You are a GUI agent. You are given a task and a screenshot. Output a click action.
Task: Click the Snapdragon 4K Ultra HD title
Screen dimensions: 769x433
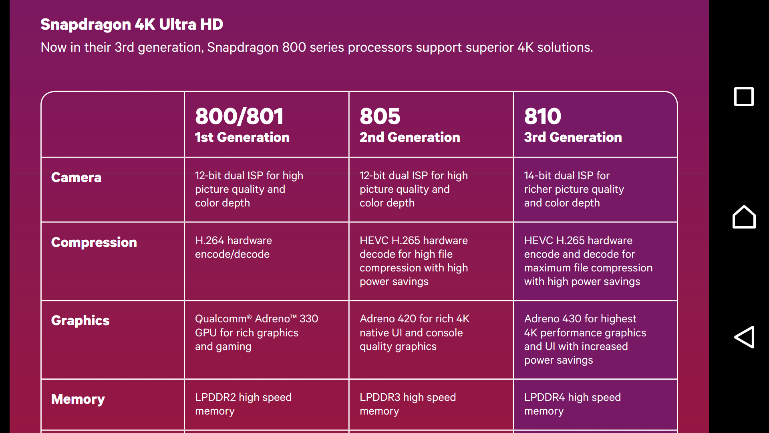(132, 24)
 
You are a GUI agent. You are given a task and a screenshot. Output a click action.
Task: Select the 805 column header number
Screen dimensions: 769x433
(380, 116)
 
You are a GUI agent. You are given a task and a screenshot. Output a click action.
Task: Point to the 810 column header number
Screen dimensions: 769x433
(543, 116)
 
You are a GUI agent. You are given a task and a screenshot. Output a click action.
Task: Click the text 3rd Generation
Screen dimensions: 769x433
(573, 137)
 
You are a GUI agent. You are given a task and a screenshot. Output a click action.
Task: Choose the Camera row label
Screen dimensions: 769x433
(76, 177)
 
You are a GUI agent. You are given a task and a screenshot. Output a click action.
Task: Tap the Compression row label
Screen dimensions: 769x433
(94, 242)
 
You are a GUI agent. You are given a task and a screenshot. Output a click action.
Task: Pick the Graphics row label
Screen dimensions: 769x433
(80, 320)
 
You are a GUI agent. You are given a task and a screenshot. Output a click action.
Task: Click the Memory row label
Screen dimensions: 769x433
(78, 399)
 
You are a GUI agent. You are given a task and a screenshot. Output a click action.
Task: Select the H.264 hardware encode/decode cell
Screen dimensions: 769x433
(234, 247)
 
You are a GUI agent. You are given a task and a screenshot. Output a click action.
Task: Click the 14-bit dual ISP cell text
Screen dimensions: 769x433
(574, 189)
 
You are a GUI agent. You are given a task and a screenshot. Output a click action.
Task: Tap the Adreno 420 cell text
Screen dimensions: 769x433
(415, 333)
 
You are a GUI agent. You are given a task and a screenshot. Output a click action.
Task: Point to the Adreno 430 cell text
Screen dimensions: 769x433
(585, 340)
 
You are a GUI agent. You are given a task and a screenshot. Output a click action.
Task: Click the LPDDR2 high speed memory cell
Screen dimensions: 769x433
(243, 404)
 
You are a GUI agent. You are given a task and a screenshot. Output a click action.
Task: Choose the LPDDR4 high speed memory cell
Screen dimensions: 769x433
(572, 404)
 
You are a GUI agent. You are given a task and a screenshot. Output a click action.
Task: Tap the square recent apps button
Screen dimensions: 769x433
(744, 97)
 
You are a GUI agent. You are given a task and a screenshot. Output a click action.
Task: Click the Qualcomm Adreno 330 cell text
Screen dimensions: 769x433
(256, 333)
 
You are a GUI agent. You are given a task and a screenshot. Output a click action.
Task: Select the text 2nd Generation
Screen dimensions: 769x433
(410, 137)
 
